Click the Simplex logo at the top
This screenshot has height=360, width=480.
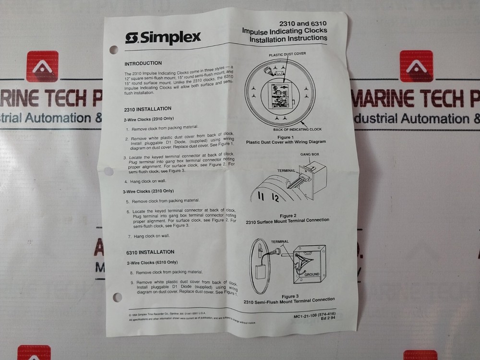(163, 38)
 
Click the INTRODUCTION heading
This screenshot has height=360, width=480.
(143, 63)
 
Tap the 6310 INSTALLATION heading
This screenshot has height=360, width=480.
(150, 252)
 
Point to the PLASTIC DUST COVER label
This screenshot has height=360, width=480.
(287, 54)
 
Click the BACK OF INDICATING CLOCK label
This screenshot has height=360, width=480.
(297, 129)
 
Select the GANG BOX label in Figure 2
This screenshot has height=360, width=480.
(310, 155)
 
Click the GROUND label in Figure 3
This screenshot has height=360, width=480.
(312, 274)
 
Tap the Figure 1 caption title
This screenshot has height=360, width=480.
(286, 137)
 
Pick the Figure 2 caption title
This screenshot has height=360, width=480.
(287, 216)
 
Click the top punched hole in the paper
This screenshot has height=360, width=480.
(114, 49)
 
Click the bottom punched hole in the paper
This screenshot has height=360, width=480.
(117, 298)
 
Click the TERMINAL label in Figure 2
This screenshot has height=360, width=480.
(286, 170)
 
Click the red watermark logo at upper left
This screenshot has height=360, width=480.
(42, 67)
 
